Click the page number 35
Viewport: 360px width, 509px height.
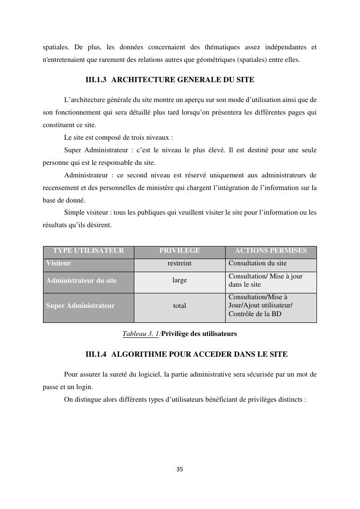180,469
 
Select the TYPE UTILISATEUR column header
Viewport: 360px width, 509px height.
88,250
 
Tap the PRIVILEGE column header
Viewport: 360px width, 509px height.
179,250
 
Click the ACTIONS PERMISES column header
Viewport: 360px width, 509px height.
271,250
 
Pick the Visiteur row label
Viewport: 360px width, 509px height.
58,263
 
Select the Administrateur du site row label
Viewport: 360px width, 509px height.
81,280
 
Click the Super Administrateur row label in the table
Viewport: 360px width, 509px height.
80,305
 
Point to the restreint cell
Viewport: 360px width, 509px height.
179,263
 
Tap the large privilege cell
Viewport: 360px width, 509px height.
179,280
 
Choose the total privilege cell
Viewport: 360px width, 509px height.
179,305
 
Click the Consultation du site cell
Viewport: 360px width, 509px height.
258,263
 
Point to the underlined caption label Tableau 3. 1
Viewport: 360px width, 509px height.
141,334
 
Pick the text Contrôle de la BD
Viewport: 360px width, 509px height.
255,314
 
